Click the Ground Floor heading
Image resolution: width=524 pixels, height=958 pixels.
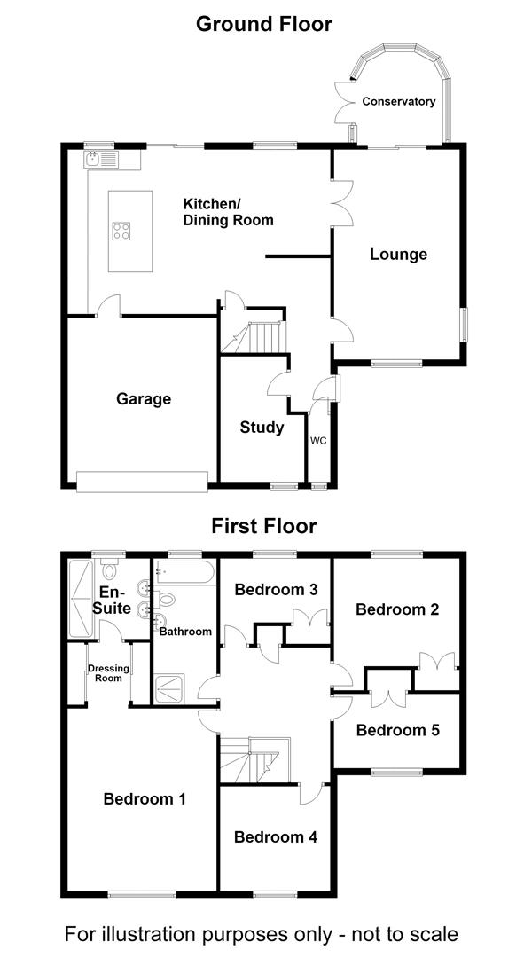(264, 25)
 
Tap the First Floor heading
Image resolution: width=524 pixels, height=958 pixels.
(264, 525)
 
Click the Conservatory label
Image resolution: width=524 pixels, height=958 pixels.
(399, 101)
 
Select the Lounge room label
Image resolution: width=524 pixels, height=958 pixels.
(398, 255)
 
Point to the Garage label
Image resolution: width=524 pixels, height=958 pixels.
(144, 399)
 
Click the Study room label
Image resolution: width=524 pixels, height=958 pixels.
(262, 427)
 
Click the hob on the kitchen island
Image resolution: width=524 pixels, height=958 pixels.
(121, 231)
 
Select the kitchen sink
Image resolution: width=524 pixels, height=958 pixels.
(101, 160)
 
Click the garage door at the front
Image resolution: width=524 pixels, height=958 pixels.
(143, 482)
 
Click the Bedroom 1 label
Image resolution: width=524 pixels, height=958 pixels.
(145, 798)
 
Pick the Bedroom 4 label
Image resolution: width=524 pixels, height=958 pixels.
(276, 837)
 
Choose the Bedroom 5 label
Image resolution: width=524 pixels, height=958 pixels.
(397, 730)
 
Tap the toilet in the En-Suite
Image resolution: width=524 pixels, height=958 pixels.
(109, 569)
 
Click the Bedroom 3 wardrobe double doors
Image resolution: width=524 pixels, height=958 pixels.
(309, 617)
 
